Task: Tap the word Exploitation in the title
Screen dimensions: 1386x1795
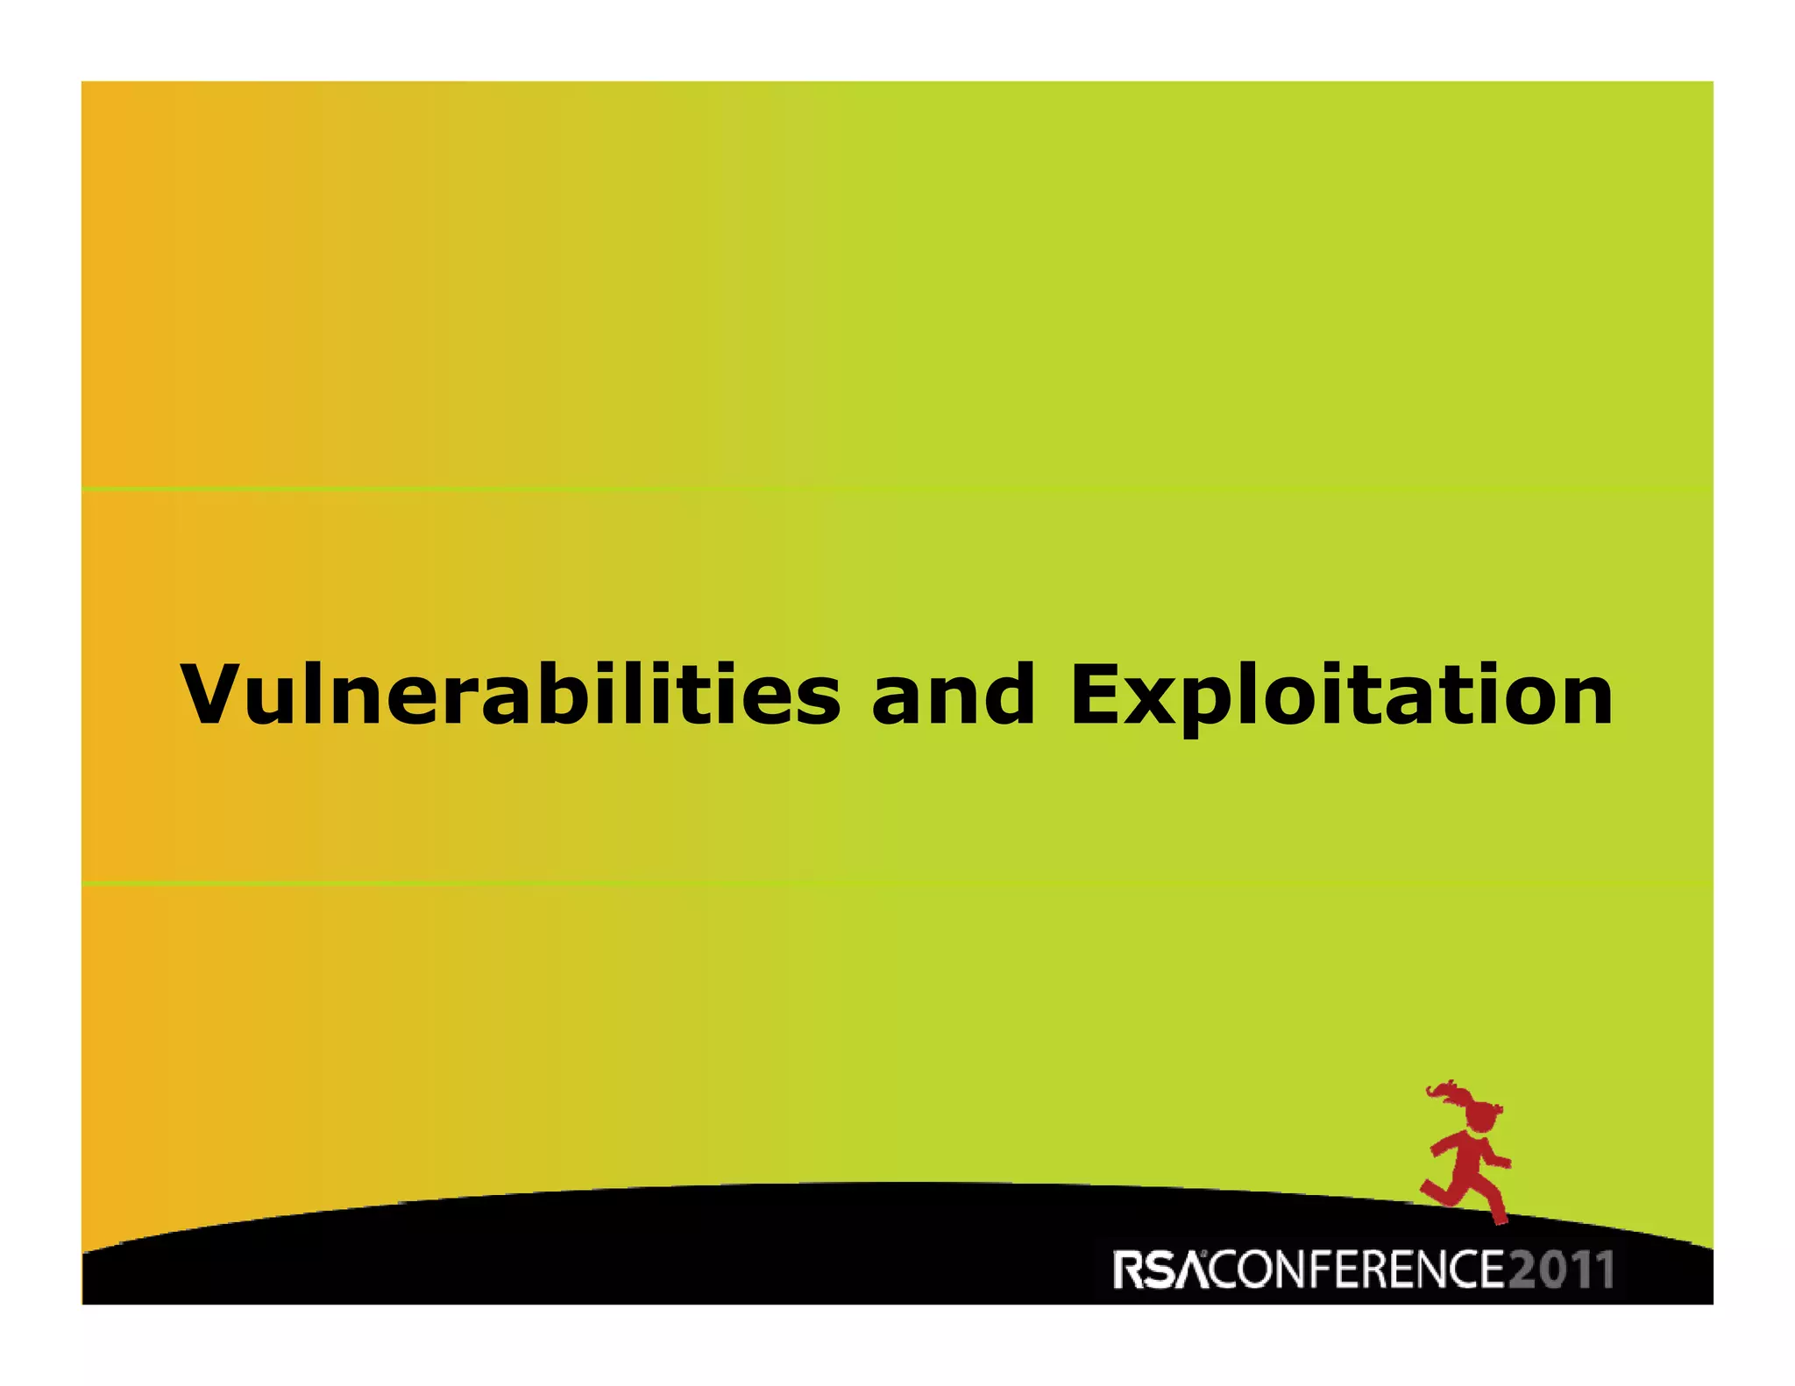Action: click(x=1341, y=697)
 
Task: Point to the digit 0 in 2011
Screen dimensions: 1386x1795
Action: click(x=1550, y=1269)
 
